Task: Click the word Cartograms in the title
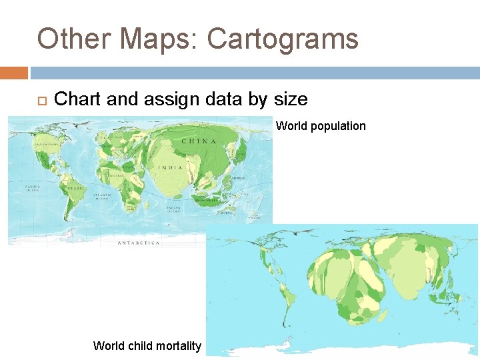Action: click(x=283, y=39)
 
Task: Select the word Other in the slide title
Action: click(x=74, y=39)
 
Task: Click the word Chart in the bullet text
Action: click(x=77, y=100)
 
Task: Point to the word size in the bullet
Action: click(x=291, y=100)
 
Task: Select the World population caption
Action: click(x=321, y=126)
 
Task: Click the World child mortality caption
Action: click(x=147, y=345)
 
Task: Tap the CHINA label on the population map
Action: click(x=199, y=141)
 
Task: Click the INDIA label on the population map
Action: click(x=171, y=167)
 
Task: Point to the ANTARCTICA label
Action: click(x=139, y=243)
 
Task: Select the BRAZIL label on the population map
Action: click(x=75, y=189)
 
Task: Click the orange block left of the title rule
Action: click(x=13, y=72)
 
